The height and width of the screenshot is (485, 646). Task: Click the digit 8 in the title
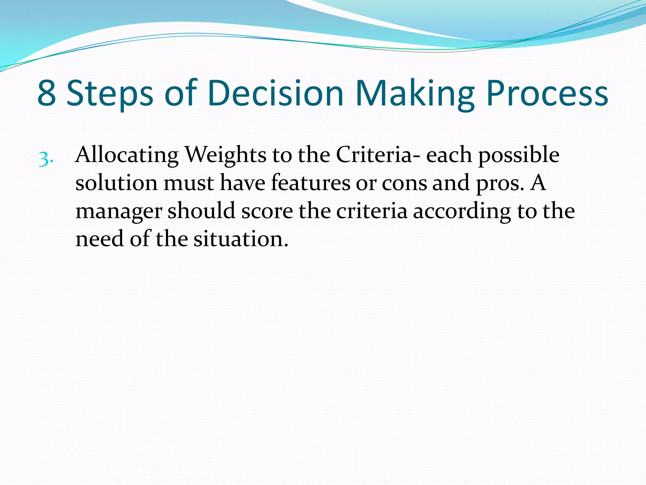(47, 93)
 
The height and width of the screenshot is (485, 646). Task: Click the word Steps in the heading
(110, 93)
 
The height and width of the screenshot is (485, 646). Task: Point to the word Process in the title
(547, 93)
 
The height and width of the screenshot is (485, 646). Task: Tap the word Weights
(225, 155)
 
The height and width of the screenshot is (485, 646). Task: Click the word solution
(116, 183)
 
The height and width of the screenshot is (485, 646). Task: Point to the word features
(310, 183)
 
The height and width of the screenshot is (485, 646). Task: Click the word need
(100, 239)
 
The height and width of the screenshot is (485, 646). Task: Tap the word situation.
(241, 239)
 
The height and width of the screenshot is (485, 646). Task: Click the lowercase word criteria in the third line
(372, 211)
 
